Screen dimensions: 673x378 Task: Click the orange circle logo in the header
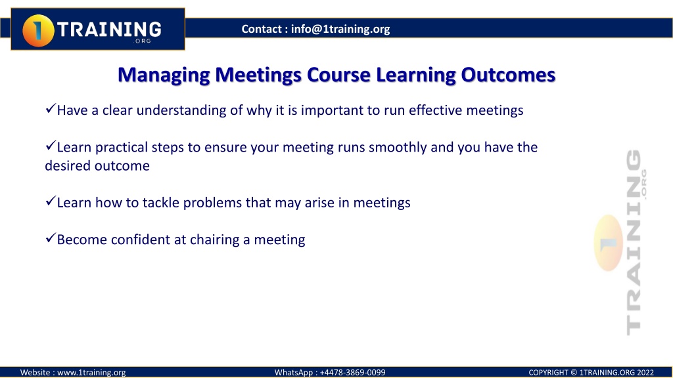tap(38, 30)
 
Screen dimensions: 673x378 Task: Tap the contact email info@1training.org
tap(340, 29)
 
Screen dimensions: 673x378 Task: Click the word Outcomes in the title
tap(508, 75)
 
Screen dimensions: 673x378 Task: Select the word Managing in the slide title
tap(164, 75)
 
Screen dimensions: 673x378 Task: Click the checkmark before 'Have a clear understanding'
tap(50, 108)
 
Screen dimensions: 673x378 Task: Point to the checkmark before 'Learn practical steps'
tap(50, 146)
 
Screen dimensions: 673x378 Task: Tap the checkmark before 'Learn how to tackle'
tap(50, 201)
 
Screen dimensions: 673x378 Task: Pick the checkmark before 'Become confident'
tap(50, 238)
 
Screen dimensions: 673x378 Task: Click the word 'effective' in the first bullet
tap(435, 110)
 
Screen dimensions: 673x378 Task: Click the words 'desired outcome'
tap(97, 166)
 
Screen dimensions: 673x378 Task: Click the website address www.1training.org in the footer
tap(91, 373)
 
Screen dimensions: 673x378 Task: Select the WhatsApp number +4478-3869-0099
tap(352, 373)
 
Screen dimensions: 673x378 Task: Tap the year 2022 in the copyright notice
tap(645, 373)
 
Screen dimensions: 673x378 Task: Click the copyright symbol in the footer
tap(574, 373)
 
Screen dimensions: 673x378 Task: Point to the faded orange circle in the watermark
tap(609, 243)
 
